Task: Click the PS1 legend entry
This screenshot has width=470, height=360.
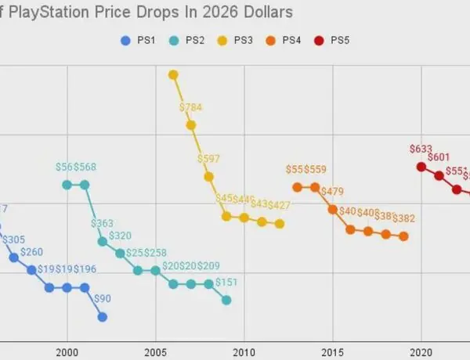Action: click(x=139, y=41)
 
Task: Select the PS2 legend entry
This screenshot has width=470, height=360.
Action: click(x=190, y=41)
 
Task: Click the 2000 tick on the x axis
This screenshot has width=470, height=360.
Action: click(x=67, y=352)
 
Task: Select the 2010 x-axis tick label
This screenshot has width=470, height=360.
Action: click(x=244, y=352)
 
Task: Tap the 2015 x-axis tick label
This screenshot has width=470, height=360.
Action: click(x=333, y=352)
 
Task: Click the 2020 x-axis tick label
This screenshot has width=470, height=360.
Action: click(x=421, y=352)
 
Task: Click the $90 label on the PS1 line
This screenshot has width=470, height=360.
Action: click(x=103, y=298)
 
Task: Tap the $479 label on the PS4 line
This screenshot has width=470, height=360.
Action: click(x=333, y=192)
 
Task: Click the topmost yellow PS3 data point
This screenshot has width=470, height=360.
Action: click(x=173, y=74)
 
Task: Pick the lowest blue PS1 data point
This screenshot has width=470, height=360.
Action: click(x=103, y=316)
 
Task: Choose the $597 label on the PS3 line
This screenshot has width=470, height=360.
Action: click(x=209, y=158)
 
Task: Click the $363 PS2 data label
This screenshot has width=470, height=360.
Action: click(x=103, y=223)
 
